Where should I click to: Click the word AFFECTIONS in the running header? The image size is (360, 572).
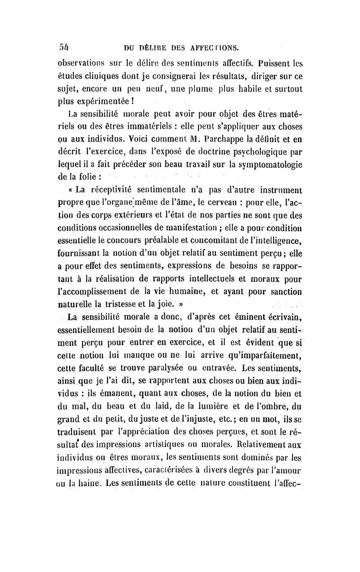click(215, 46)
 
